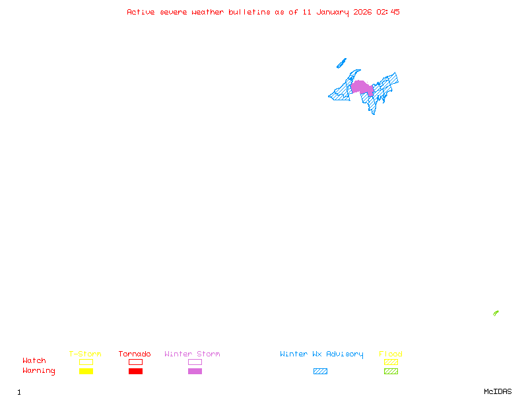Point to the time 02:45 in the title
(x=388, y=12)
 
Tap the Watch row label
(x=34, y=361)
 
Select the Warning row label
(x=39, y=371)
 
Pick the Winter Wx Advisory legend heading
(x=321, y=354)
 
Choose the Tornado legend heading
(x=135, y=354)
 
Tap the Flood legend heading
(x=391, y=354)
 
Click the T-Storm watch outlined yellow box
(x=86, y=362)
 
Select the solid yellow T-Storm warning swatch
(x=86, y=372)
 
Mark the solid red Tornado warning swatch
(x=135, y=372)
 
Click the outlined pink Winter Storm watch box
(x=195, y=362)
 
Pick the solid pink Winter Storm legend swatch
(x=195, y=372)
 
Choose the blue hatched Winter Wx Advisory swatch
(x=320, y=372)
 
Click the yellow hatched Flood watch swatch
(x=391, y=362)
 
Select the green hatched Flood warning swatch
(x=391, y=372)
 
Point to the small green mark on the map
(x=496, y=313)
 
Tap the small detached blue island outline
(x=341, y=63)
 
